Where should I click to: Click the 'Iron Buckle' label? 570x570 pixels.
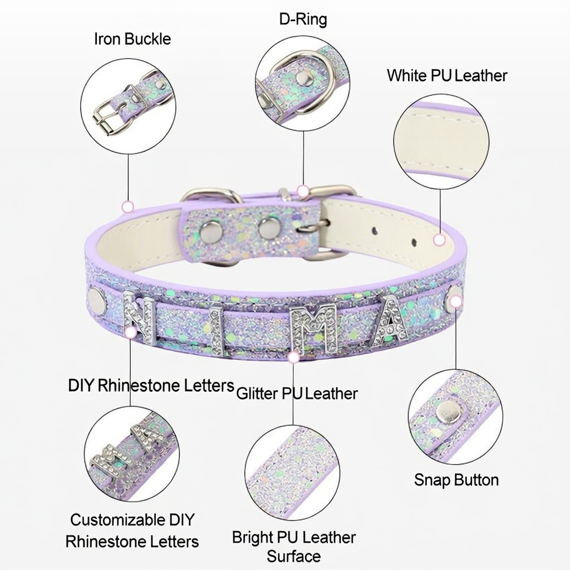coord(132,39)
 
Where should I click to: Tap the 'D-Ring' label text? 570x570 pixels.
coord(303,19)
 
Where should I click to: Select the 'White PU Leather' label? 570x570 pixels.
coord(447,75)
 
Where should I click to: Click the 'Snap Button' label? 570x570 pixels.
coord(456,480)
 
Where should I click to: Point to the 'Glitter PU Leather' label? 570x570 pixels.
coord(297,394)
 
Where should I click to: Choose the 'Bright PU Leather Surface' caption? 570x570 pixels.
coord(294,547)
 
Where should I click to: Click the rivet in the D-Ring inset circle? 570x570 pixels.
coord(303,77)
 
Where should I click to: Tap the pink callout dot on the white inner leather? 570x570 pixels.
coord(440,240)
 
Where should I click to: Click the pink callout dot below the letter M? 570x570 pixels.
coord(293,358)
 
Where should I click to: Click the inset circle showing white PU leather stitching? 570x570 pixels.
coord(441,142)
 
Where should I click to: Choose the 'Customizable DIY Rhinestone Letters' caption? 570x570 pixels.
coord(132,530)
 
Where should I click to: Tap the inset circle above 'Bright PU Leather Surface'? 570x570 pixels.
coord(292,473)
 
